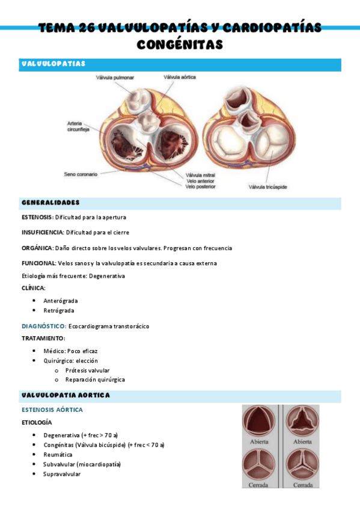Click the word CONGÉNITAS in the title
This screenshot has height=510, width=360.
point(180,45)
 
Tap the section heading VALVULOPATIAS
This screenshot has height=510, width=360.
point(53,64)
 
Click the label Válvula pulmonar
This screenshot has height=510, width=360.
point(114,78)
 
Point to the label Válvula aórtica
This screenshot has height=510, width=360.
point(180,78)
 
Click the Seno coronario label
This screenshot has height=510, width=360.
point(81,174)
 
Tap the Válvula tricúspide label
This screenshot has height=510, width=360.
point(268,187)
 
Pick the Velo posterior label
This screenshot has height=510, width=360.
point(201,187)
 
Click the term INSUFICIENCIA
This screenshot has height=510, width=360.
point(42,232)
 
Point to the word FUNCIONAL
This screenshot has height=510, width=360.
point(38,263)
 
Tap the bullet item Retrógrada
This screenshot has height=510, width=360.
point(59,310)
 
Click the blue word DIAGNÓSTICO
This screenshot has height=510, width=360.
point(43,326)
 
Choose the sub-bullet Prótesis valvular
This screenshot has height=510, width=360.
point(88,370)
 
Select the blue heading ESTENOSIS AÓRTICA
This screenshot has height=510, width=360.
point(52,410)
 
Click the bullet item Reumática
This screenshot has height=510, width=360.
point(58,455)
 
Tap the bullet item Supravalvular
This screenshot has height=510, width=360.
point(62,474)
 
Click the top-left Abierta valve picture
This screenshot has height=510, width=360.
point(258,423)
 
